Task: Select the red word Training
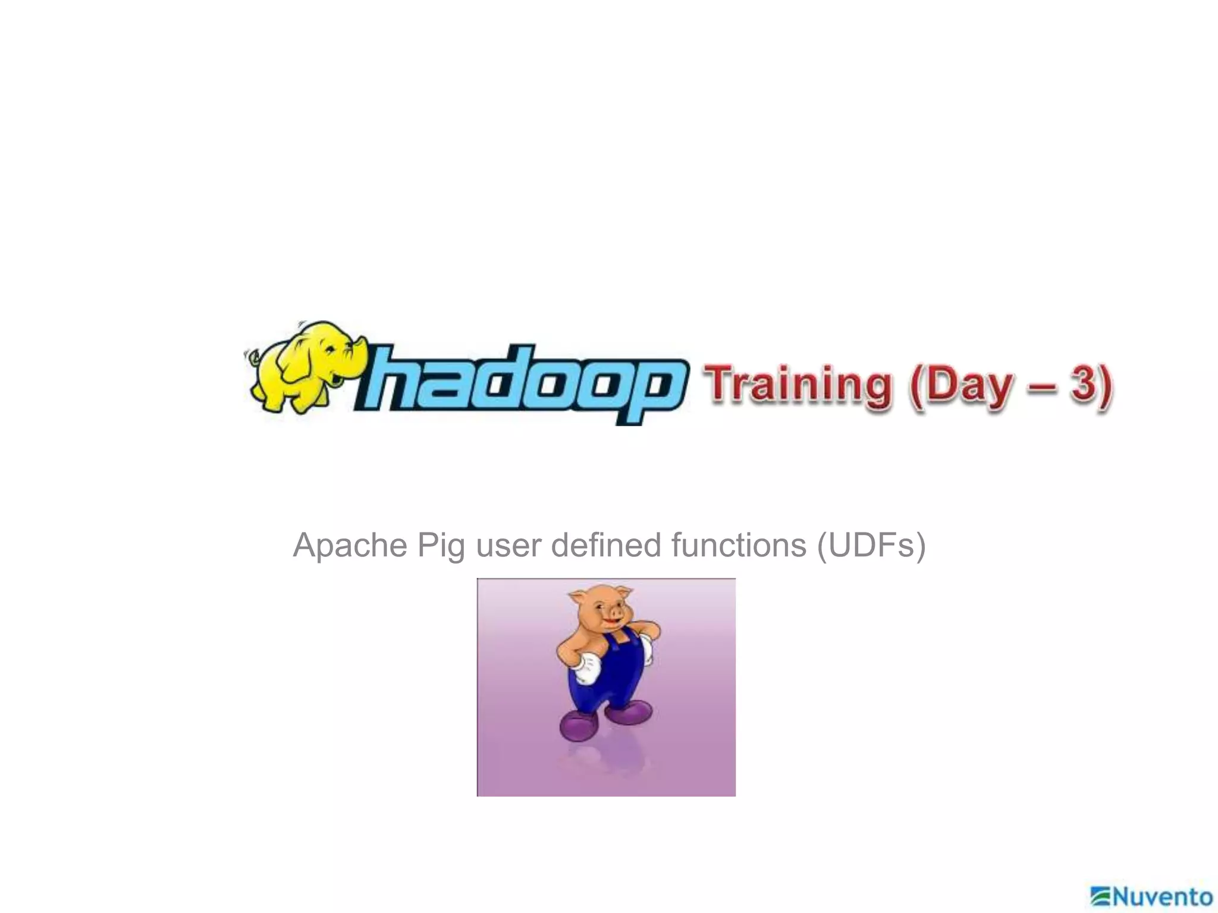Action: tap(797, 385)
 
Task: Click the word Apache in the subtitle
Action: tap(350, 545)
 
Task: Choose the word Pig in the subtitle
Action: tap(441, 546)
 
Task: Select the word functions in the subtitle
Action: tap(738, 545)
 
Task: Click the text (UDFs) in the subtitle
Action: tap(871, 546)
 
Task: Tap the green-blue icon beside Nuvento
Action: tap(1101, 895)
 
